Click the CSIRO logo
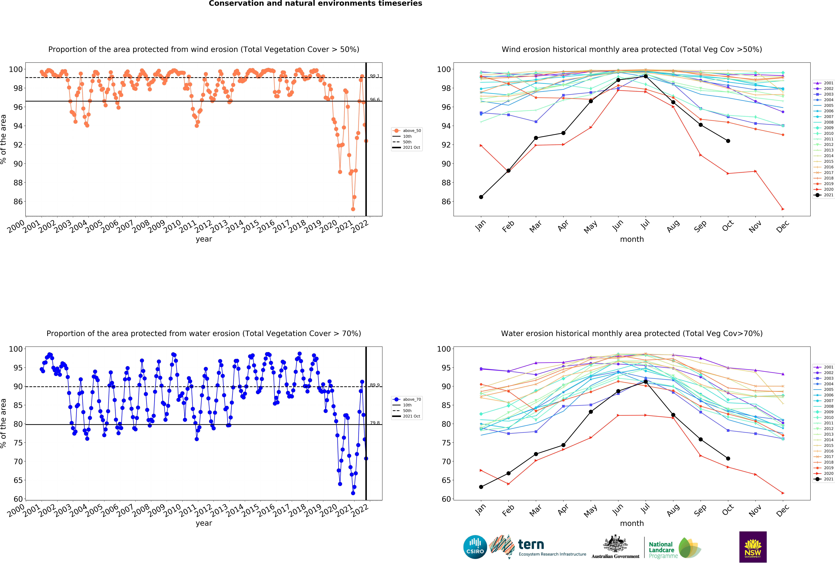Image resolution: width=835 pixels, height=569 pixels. pyautogui.click(x=475, y=547)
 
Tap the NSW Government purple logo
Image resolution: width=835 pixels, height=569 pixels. pyautogui.click(x=753, y=547)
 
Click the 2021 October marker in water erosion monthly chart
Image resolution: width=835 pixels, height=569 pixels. pyautogui.click(x=728, y=458)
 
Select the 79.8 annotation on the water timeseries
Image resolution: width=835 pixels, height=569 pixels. pyautogui.click(x=374, y=423)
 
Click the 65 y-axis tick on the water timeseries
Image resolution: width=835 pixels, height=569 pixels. pyautogui.click(x=18, y=480)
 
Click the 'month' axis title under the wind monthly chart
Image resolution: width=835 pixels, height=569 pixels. pyautogui.click(x=632, y=239)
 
